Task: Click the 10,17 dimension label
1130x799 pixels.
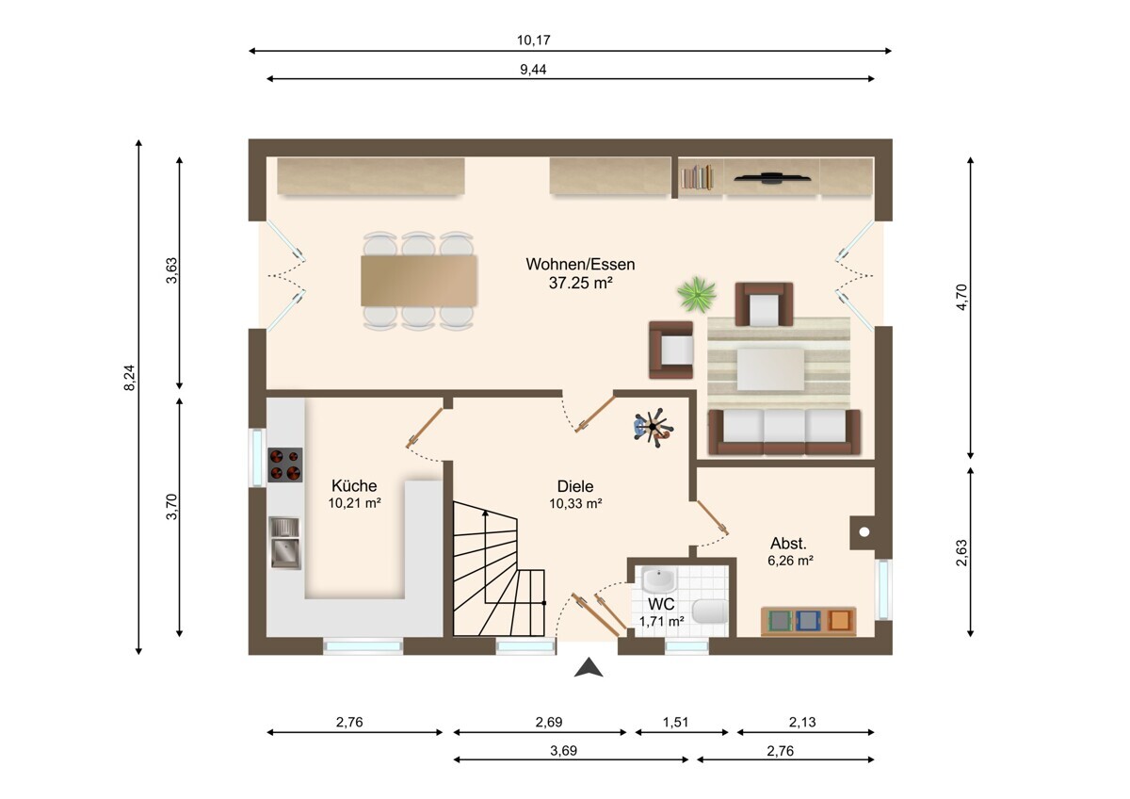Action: pos(533,40)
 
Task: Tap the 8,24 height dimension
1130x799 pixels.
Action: pos(130,378)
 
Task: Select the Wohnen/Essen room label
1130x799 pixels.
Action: pos(580,264)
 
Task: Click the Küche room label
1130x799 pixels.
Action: pos(354,485)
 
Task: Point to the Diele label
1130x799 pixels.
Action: pos(575,486)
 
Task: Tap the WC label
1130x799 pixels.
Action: pos(661,604)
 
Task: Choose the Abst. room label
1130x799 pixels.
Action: pos(788,544)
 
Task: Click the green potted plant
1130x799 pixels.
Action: pos(697,294)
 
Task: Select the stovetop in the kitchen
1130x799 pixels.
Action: pos(285,465)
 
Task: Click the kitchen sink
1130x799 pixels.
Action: pos(285,543)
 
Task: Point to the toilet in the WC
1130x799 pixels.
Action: pos(710,611)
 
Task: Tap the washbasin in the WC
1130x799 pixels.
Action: pos(658,579)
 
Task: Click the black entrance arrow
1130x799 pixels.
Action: pos(589,667)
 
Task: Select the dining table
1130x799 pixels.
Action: pos(419,281)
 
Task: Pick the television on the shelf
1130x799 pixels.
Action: pos(772,177)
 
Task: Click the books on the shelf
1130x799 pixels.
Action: pos(697,177)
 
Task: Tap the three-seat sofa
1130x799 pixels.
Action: pos(783,432)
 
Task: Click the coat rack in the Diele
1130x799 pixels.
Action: pos(654,428)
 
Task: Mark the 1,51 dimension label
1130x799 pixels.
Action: pos(675,723)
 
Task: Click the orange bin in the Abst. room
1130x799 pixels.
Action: pos(838,620)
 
